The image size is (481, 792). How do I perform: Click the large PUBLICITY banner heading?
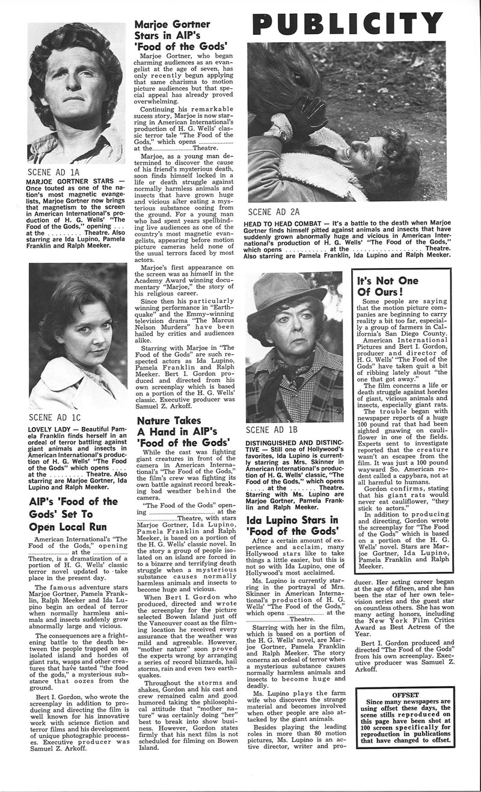[x=347, y=23]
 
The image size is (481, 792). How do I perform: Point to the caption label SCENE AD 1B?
[x=272, y=430]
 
